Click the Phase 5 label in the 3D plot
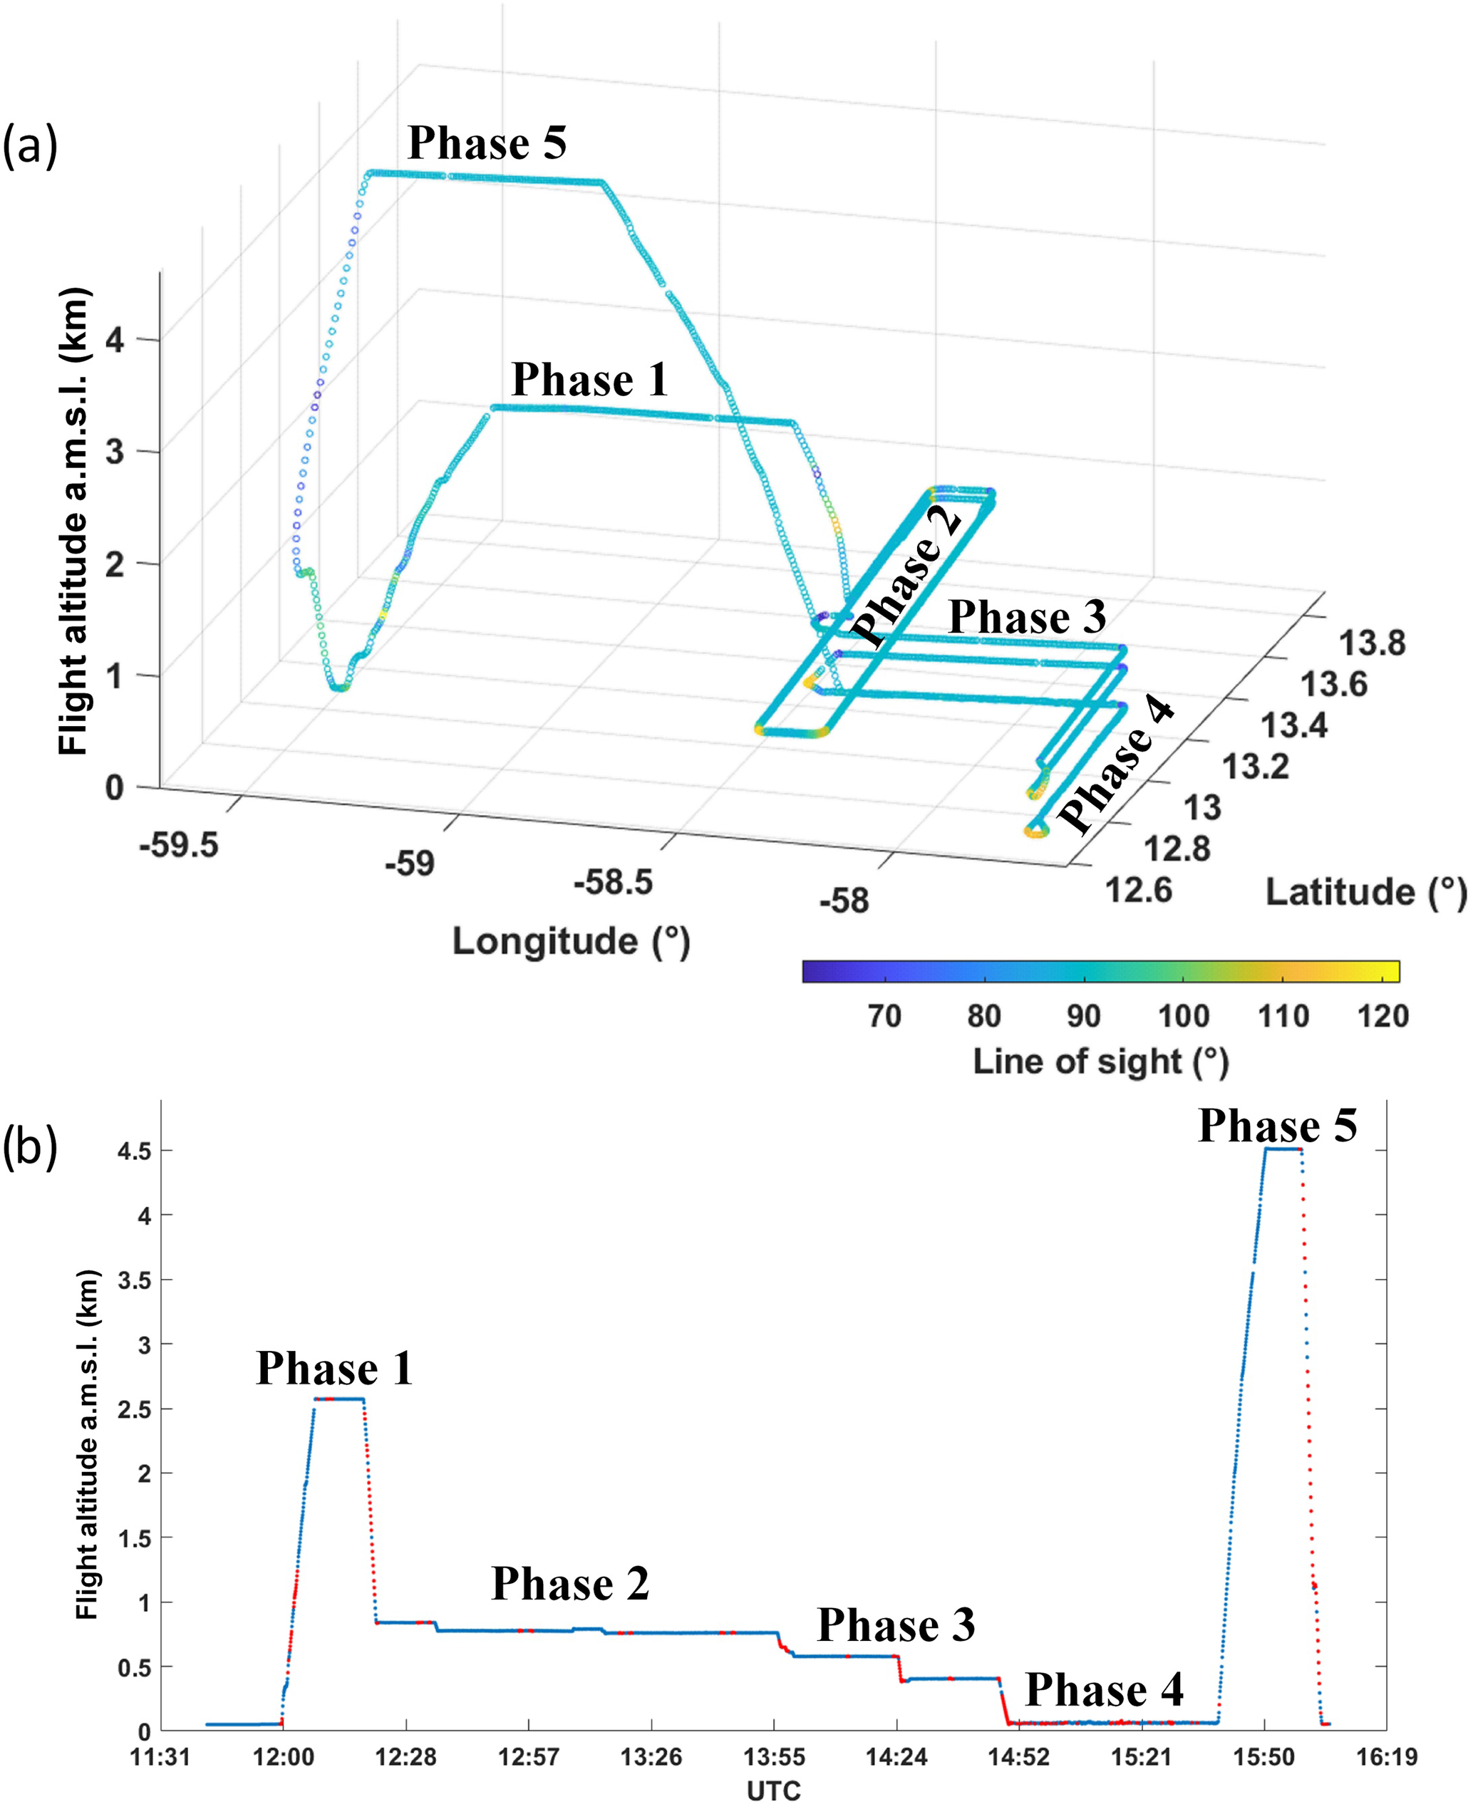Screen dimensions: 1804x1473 tap(487, 142)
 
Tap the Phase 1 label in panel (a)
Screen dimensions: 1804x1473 tap(590, 379)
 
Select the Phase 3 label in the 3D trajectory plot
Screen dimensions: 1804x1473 tap(1027, 616)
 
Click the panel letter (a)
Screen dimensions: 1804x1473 tap(30, 146)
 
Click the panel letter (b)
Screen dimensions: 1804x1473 tap(30, 1149)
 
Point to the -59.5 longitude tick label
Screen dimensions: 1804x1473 tap(179, 845)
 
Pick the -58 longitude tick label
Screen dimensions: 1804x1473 tap(844, 901)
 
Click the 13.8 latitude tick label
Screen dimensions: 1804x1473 tap(1372, 644)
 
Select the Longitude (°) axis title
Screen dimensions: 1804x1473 tap(571, 941)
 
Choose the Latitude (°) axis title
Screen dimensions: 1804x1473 tap(1366, 892)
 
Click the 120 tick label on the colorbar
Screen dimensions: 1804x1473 tap(1382, 1016)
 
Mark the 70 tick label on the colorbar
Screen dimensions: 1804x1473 tap(884, 1016)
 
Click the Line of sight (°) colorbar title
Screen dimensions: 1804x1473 tap(1100, 1062)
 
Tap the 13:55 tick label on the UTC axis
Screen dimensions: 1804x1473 tap(774, 1756)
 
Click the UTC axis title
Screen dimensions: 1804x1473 tap(773, 1790)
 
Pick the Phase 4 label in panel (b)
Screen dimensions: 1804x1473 tap(1104, 1689)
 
